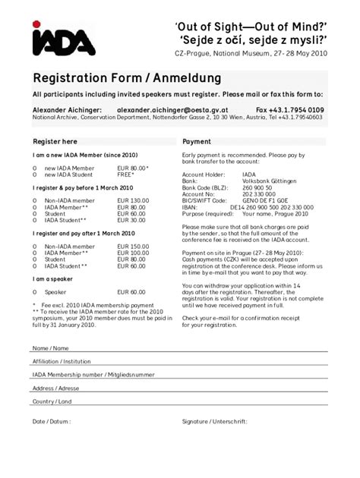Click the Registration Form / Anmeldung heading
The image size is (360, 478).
127,78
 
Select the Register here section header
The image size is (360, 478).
55,142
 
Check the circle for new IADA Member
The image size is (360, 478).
35,167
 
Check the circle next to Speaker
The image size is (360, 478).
35,291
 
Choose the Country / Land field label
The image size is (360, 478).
52,401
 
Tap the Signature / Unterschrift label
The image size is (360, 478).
216,420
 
